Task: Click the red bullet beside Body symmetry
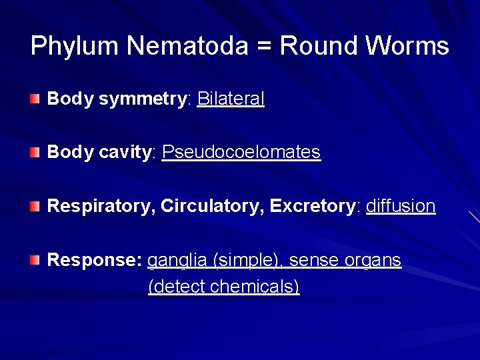click(35, 99)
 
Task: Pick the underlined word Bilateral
click(231, 99)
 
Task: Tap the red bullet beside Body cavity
click(35, 153)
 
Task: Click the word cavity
click(127, 153)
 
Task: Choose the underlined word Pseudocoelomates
click(241, 152)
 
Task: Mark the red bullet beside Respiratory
click(35, 206)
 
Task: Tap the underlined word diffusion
click(401, 205)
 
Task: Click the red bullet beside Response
click(35, 259)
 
